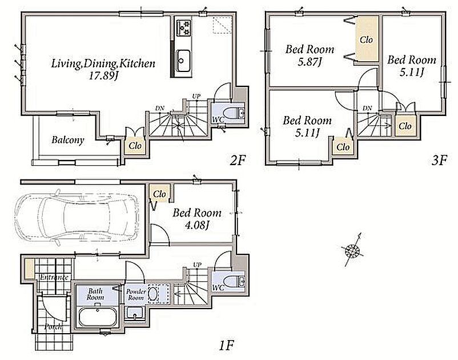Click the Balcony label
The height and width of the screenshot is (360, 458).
pos(68,140)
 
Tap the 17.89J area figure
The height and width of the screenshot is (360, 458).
pos(104,76)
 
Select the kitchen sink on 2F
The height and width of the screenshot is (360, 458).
pos(183,61)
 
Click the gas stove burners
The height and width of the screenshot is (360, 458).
pos(183,28)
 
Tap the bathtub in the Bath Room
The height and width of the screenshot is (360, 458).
pos(98,317)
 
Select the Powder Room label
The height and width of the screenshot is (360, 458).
pos(136,294)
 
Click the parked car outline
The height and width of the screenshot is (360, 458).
pos(77,217)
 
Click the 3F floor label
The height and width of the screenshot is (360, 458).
pos(439,160)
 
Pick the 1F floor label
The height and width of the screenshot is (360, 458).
pos(226,346)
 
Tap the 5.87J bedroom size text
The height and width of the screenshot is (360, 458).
pos(310,62)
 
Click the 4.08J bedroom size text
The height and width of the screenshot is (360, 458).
pos(197,225)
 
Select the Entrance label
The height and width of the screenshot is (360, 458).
pos(54,277)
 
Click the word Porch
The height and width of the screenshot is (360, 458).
pos(53,326)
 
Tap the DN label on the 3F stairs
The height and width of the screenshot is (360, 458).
pos(367,108)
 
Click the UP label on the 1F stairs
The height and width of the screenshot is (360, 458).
pos(197,265)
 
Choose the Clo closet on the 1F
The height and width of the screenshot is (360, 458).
pos(159,194)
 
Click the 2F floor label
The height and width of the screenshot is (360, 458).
pos(238,160)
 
